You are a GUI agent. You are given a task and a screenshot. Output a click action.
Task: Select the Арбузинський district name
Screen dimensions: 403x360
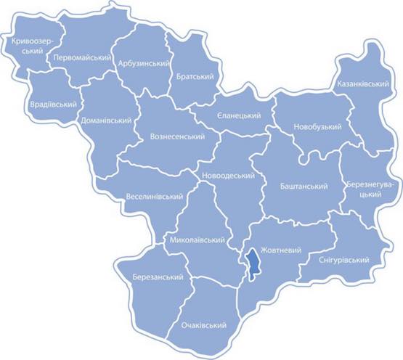[x=143, y=64]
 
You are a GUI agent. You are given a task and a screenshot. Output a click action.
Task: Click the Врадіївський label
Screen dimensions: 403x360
[x=54, y=105]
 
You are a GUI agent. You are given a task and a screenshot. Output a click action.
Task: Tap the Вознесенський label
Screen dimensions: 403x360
[x=176, y=136]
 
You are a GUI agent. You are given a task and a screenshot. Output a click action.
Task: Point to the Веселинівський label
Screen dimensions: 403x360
[x=153, y=197]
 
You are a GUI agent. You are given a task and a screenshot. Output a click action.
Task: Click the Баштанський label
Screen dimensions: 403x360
[x=304, y=187]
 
